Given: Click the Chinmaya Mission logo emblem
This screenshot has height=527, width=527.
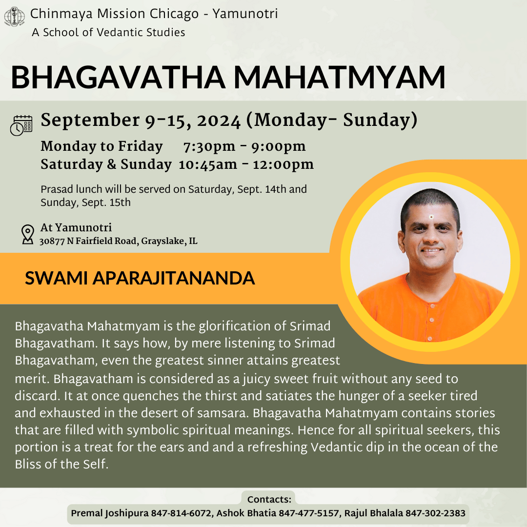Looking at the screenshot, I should pos(14,17).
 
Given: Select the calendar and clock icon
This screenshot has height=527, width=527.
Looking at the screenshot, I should pos(21,125).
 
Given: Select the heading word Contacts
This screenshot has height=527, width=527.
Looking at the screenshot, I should pos(269,499).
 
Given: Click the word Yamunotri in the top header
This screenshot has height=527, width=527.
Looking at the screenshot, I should pos(245,14).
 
